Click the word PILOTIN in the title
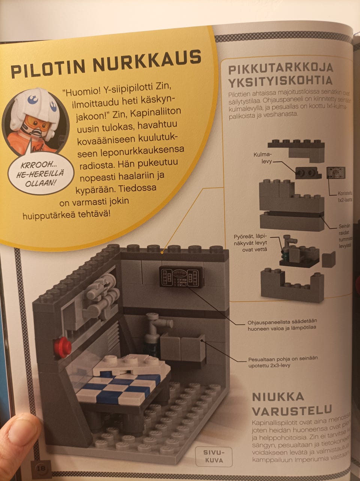coord(48,69)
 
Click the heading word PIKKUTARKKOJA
coord(280,69)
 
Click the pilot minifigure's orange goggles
coord(37,122)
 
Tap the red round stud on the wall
coord(62,348)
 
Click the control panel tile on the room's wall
coord(181,277)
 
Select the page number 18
coord(40,468)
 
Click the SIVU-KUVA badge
coord(213,456)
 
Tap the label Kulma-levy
coord(262,157)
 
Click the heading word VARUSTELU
coord(292,410)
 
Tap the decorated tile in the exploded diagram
coord(335,172)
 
